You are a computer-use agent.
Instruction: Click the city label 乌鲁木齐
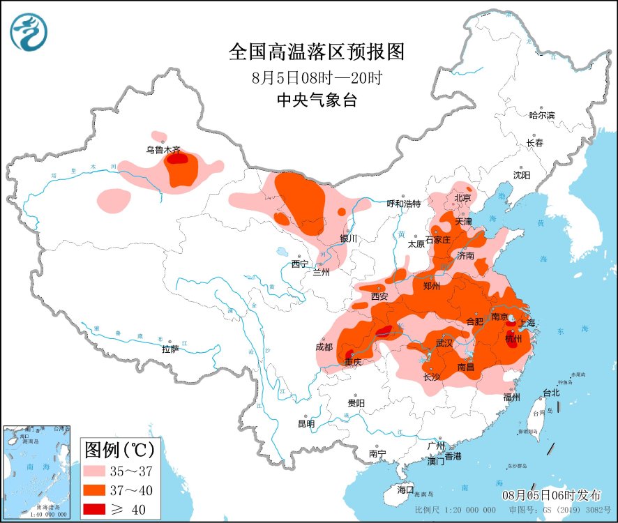(163, 149)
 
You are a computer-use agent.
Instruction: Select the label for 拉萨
(171, 349)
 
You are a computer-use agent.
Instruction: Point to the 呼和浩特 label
(404, 204)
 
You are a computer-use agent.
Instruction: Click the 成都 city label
(324, 347)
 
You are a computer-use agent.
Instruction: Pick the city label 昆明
(306, 423)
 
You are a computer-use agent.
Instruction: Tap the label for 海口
(405, 489)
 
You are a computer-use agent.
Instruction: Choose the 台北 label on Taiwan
(551, 393)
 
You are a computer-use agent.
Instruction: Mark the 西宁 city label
(299, 264)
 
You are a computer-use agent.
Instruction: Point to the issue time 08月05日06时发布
(551, 495)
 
